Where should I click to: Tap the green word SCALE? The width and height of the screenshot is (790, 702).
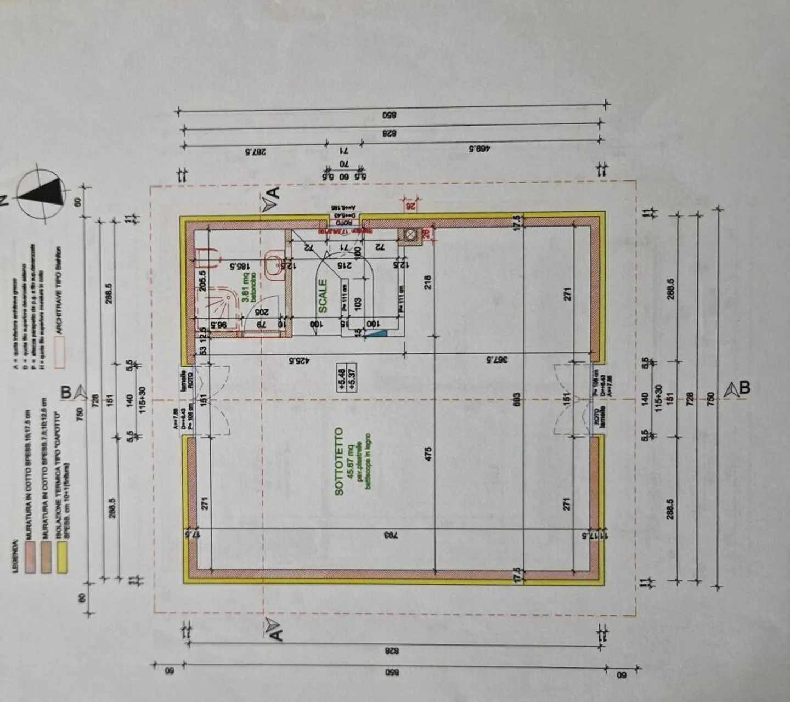coord(323,296)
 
